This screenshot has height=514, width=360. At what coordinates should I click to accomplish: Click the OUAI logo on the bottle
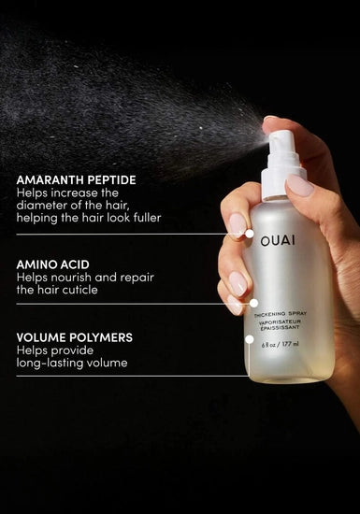pyautogui.click(x=277, y=240)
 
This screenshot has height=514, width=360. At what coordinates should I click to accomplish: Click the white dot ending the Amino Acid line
pyautogui.click(x=253, y=303)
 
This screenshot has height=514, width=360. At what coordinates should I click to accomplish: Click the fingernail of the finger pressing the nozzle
pyautogui.click(x=300, y=185)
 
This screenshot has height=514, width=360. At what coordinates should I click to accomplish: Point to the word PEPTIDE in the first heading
pyautogui.click(x=107, y=179)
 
